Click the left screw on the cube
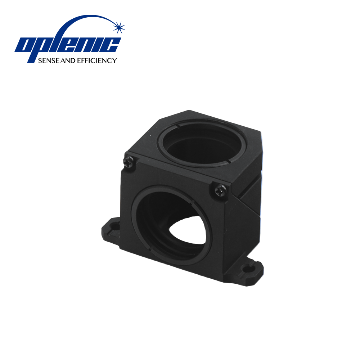point(129,162)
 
